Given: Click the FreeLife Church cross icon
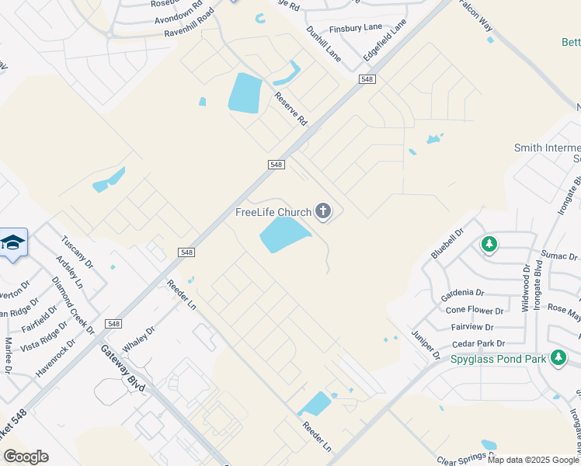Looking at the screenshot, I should pos(323,211).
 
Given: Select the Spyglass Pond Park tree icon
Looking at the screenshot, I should pos(557,357).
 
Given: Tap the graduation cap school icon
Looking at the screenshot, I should pos(13,243).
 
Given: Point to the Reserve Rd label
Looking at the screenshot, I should pos(291,110).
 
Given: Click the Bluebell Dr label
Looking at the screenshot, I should pos(447,243).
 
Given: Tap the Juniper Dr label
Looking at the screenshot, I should pos(426,343).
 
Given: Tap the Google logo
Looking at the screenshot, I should pos(26,457).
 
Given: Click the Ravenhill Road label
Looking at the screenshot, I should pos(189,24).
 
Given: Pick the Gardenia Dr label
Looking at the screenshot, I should pos(462,293).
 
